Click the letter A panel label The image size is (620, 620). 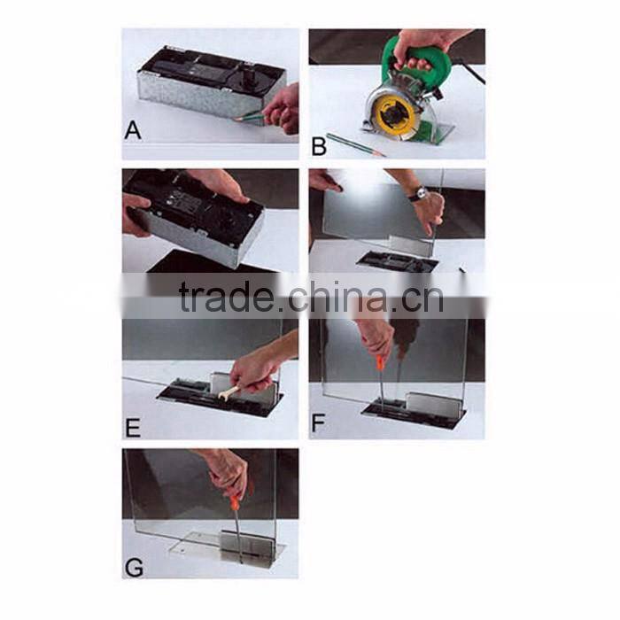133,130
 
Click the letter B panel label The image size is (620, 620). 319,145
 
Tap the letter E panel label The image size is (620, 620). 133,428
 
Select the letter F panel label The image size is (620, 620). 318,422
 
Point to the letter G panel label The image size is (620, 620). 134,568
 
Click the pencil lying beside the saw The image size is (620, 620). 354,144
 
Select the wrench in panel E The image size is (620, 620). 229,392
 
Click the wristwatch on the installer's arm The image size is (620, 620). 421,193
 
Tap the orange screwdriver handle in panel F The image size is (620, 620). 380,362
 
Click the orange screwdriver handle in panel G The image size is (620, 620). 236,502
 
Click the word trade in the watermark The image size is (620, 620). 226,298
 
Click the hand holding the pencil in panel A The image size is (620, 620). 283,109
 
